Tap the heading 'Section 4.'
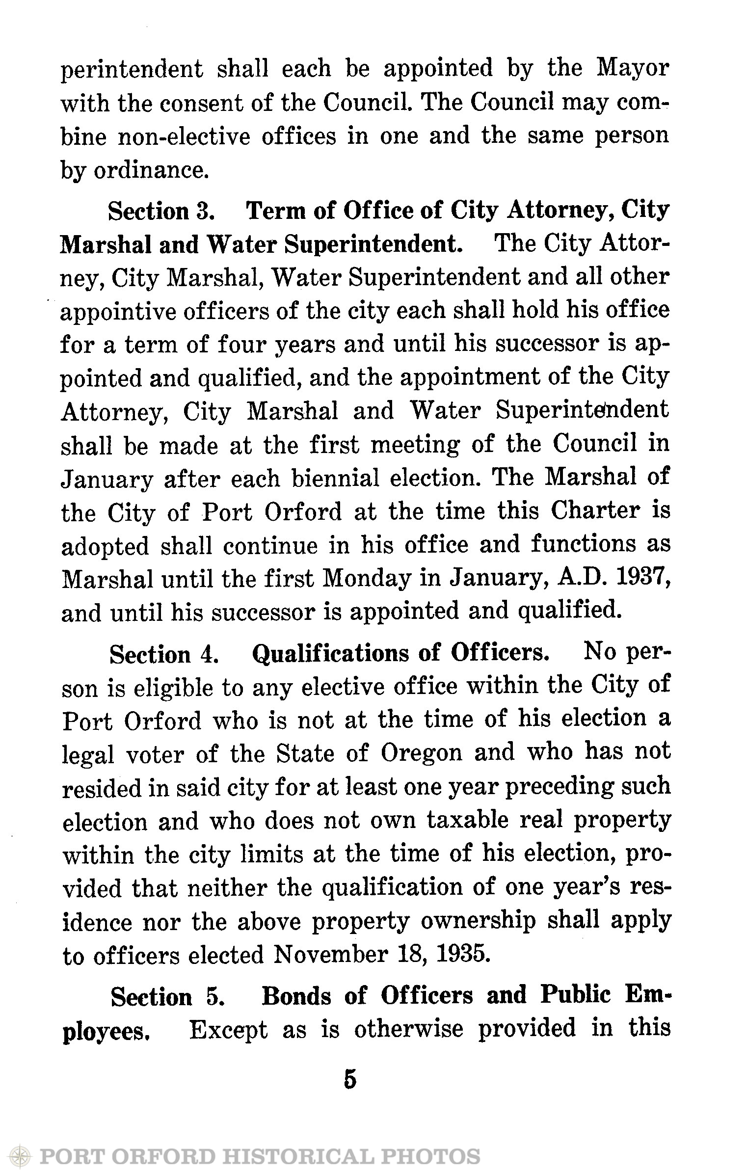(x=164, y=655)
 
